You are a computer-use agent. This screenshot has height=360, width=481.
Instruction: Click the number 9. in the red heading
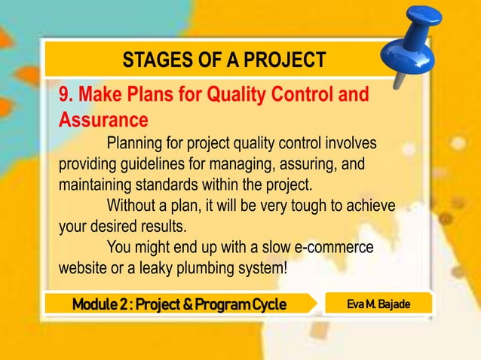66,96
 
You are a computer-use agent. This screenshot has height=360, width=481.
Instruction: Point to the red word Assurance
103,120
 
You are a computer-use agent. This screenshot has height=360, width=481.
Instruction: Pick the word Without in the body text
133,205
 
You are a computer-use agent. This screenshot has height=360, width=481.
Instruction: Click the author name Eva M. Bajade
378,303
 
